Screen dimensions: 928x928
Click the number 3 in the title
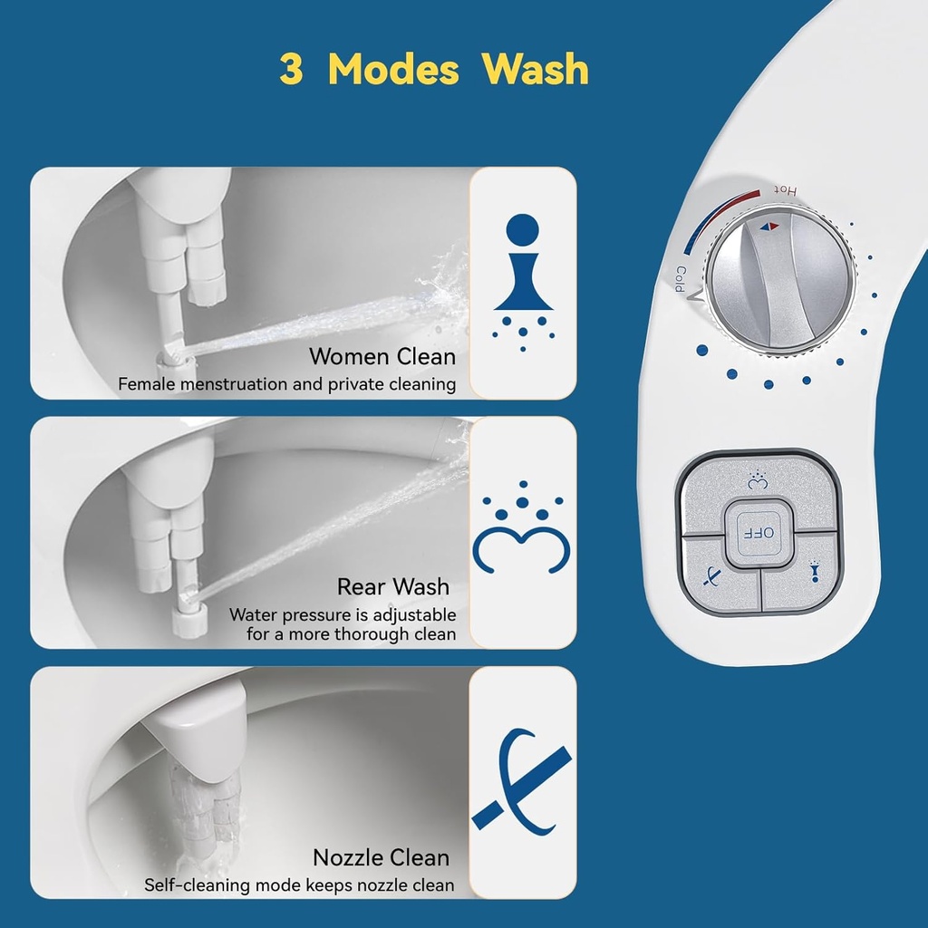coord(291,70)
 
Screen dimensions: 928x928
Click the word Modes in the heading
coord(393,70)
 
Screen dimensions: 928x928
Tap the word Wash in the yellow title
coord(535,70)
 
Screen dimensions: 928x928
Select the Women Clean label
coord(382,355)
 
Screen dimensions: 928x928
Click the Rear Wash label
coord(392,586)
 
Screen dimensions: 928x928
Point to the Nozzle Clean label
coord(381,856)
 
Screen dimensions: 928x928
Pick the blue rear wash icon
coord(522,534)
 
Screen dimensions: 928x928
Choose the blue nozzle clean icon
coord(521,780)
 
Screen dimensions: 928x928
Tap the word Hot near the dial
coord(785,190)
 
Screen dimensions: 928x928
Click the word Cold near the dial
coord(678,277)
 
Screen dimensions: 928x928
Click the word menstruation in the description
coord(237,384)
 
